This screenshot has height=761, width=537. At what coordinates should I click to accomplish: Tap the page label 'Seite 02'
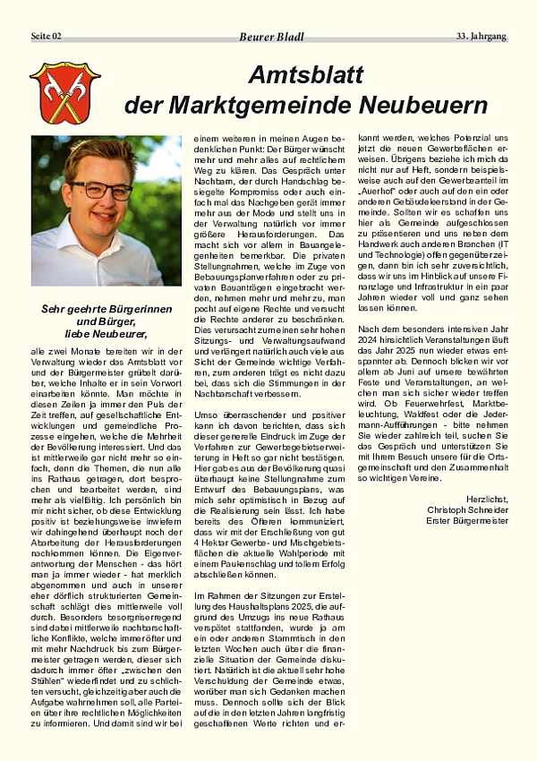(47, 36)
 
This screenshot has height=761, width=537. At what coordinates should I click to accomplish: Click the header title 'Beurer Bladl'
(271, 37)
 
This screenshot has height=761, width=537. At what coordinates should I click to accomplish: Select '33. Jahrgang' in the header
(482, 36)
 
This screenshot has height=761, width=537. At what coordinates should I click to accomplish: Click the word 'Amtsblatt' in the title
(306, 75)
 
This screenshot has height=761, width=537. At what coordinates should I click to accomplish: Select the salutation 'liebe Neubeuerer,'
(106, 334)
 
